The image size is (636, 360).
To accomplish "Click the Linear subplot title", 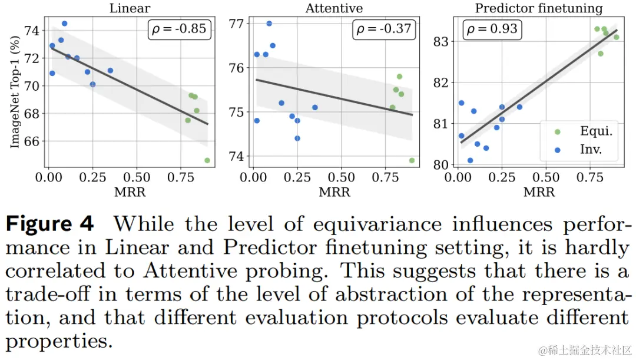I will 130,8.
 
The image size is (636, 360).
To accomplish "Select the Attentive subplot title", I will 333,8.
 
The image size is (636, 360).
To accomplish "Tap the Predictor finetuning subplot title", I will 538,8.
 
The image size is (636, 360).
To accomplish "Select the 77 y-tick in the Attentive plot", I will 237,24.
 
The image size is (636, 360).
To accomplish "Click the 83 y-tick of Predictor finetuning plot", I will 442,42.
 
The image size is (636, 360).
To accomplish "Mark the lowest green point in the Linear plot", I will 207,160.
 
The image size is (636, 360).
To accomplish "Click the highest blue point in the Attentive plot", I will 269,24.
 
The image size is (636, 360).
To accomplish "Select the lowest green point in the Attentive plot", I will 412,160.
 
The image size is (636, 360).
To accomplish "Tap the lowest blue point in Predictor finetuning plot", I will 470,160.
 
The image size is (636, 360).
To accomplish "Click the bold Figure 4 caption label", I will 50,223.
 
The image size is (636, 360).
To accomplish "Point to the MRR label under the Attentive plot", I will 334,193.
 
